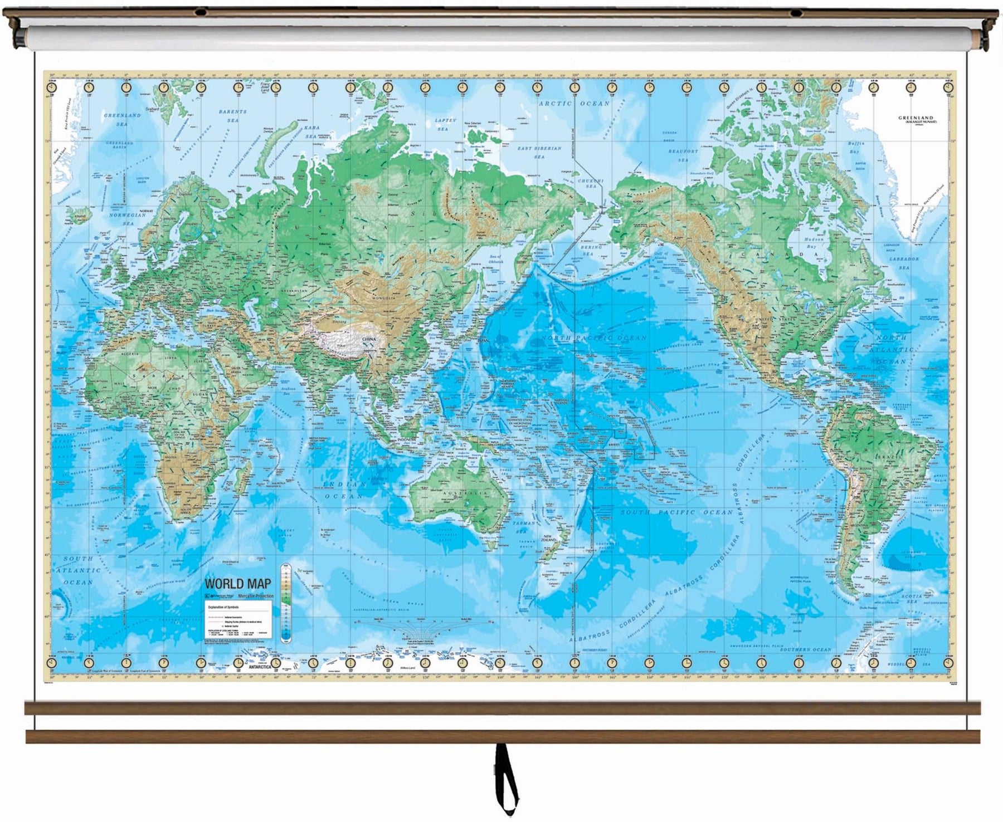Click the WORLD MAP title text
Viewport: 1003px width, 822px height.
point(238,584)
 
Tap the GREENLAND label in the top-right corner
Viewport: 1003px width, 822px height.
point(917,118)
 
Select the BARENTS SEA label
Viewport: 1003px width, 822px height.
point(232,116)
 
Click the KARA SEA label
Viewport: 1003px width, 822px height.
point(310,132)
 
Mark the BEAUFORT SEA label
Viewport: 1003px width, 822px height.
point(683,155)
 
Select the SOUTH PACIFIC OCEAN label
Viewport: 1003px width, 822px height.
point(676,512)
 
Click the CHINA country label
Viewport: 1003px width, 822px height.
point(369,339)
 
